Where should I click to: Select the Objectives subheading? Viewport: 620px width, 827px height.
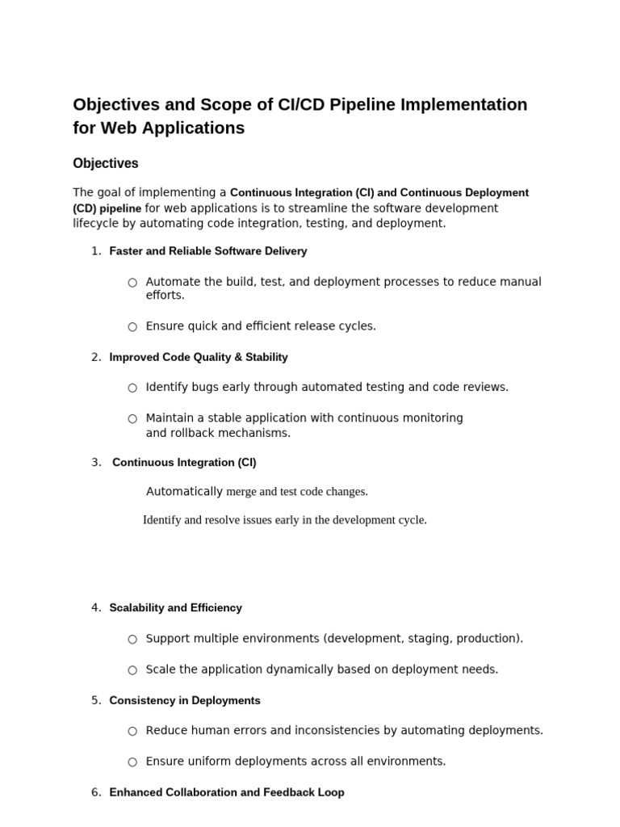coord(106,163)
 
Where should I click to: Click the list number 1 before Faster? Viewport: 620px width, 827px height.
coord(95,251)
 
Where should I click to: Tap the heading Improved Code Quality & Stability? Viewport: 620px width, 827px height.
coord(199,357)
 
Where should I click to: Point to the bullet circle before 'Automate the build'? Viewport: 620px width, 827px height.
coord(132,283)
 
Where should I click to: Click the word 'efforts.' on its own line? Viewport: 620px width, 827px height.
coord(165,296)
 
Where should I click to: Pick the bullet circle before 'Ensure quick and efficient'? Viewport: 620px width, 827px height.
coord(132,327)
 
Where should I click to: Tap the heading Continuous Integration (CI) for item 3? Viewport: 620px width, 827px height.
coord(184,463)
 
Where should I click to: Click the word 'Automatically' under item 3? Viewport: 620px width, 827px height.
coord(184,491)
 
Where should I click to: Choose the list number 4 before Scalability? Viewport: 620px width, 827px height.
coord(95,607)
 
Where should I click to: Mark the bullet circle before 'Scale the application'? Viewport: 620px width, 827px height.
coord(132,670)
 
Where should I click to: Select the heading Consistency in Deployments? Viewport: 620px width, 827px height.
coord(185,700)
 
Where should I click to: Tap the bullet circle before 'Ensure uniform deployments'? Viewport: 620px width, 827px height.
coord(132,762)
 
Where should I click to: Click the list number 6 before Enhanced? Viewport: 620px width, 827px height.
coord(95,792)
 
